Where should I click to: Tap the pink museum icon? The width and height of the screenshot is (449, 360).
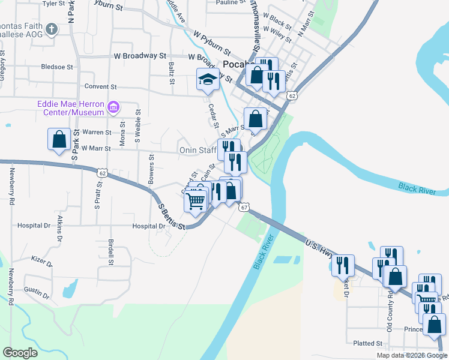(113, 108)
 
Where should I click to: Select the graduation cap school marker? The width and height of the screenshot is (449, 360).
(208, 80)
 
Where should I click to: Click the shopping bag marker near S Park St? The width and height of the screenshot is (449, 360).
(59, 140)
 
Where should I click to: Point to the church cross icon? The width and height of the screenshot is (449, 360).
(51, 29)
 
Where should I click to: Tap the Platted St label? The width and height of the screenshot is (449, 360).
(368, 343)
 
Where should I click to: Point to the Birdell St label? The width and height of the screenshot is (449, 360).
(111, 253)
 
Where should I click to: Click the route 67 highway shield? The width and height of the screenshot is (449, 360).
(243, 207)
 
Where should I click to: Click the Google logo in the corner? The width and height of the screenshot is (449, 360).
(20, 352)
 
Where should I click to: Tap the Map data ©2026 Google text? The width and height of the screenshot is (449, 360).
(412, 355)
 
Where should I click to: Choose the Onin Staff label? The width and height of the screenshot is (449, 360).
(197, 149)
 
